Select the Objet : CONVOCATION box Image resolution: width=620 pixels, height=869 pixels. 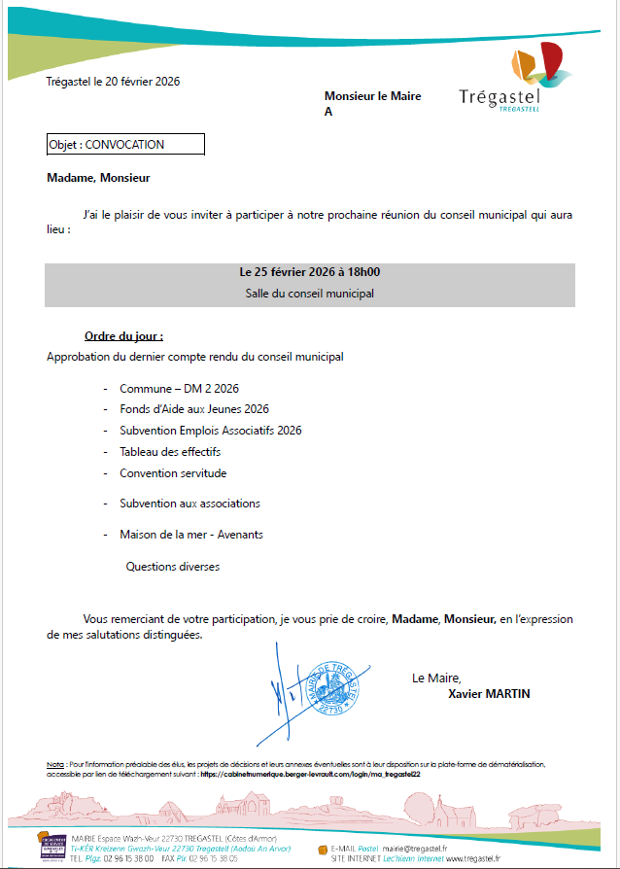pyautogui.click(x=125, y=144)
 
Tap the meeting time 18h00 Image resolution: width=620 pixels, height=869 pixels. pyautogui.click(x=362, y=272)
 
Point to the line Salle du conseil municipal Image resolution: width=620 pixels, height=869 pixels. pyautogui.click(x=310, y=292)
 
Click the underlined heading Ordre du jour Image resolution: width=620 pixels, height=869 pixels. pyautogui.click(x=123, y=336)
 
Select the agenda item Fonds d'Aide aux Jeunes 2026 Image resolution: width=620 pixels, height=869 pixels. pyautogui.click(x=194, y=409)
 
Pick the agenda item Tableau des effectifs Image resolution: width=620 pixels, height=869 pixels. pyautogui.click(x=170, y=452)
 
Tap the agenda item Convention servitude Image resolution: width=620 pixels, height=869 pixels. pyautogui.click(x=173, y=473)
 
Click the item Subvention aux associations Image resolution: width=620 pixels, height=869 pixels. pyautogui.click(x=189, y=504)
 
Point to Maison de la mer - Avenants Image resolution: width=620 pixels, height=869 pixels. pyautogui.click(x=191, y=535)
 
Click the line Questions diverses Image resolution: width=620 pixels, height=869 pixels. pyautogui.click(x=173, y=566)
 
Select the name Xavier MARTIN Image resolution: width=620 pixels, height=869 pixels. pyautogui.click(x=489, y=694)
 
